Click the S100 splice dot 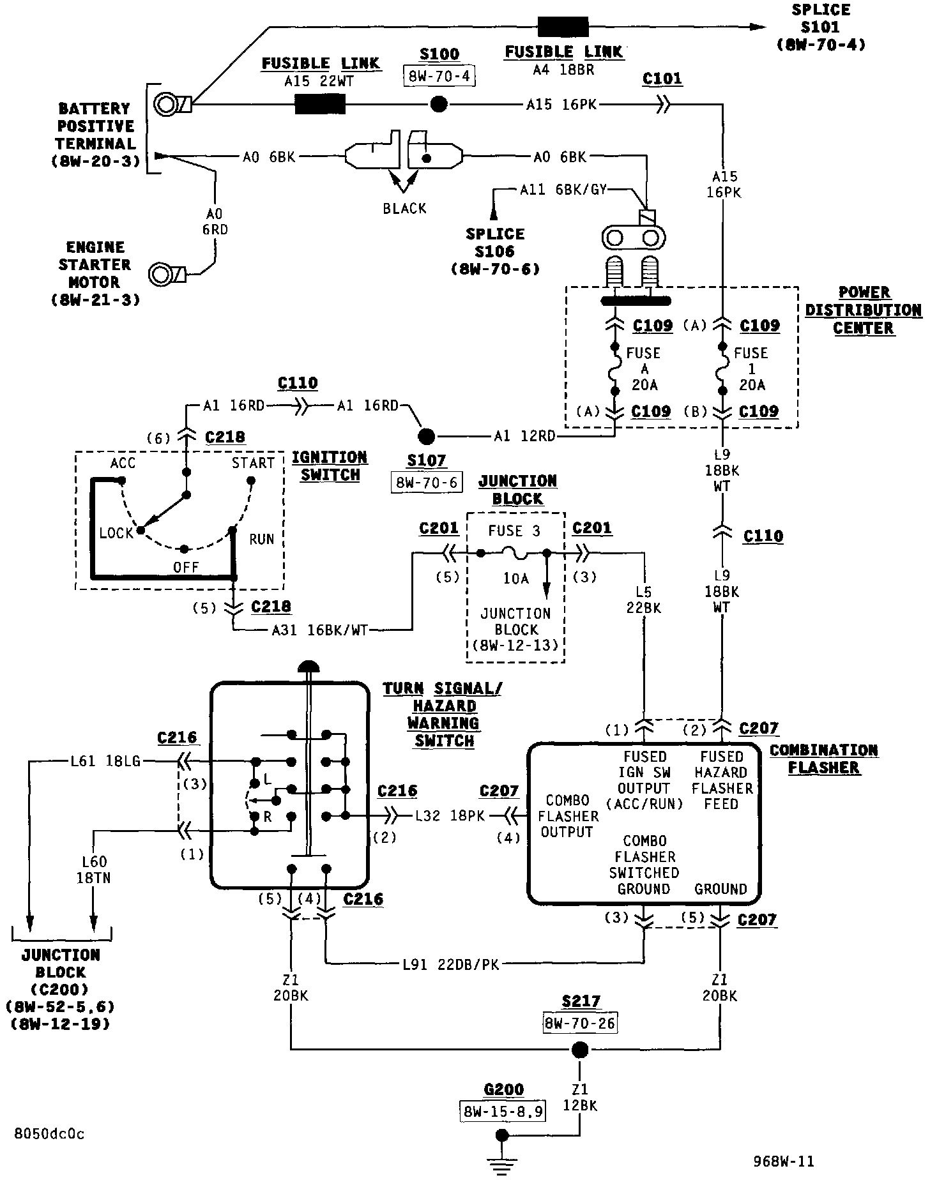(439, 104)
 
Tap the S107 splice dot (426, 437)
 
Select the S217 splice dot (579, 1049)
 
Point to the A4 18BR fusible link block (563, 27)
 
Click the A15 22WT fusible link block (320, 103)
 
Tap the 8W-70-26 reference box (581, 1023)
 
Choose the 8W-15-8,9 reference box (503, 1112)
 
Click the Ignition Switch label (330, 466)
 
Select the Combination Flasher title (824, 759)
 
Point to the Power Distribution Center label (864, 310)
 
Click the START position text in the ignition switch (253, 463)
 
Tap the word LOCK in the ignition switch (116, 533)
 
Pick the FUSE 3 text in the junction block (514, 531)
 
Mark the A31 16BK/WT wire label (320, 630)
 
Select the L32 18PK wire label (450, 815)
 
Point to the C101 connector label (662, 79)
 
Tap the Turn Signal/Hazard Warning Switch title (443, 715)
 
